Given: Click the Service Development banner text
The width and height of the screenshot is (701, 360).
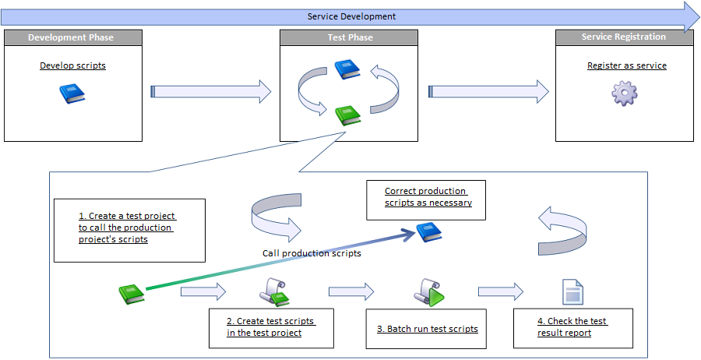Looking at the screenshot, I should tap(351, 16).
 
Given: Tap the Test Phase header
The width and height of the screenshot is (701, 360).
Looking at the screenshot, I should tap(350, 37).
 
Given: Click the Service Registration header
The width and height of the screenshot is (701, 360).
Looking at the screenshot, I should tap(624, 37).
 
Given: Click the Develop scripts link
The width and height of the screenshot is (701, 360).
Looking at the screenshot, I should tap(72, 65).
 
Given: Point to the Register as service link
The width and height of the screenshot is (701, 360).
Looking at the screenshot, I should tap(626, 65).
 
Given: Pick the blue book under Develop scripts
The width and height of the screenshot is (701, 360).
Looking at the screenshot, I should tap(72, 94).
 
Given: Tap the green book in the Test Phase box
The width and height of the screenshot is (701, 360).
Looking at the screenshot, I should tap(347, 115).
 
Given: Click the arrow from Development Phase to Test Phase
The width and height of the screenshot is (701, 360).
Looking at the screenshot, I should tap(210, 92).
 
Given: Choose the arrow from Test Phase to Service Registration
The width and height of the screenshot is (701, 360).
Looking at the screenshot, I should tap(489, 92).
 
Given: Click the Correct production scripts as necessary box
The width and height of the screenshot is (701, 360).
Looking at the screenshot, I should tap(427, 197).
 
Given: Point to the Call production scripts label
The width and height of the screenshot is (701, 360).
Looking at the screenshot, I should tap(312, 253).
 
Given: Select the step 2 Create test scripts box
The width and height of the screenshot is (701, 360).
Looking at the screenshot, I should tap(271, 327).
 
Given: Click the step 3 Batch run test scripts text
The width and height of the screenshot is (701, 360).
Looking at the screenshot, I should tap(428, 329).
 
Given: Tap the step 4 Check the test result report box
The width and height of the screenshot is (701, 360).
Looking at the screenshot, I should tap(572, 327).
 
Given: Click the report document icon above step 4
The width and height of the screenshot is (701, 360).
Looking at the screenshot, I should tap(572, 292).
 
